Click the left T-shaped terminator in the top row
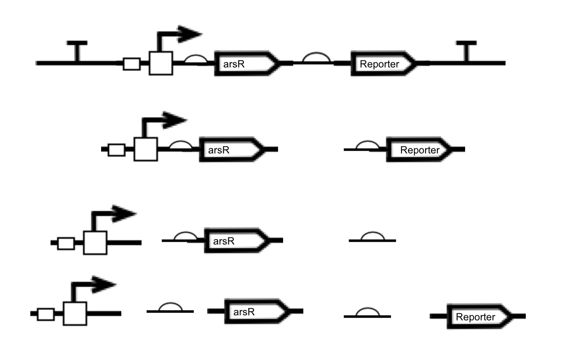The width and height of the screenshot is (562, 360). pyautogui.click(x=77, y=51)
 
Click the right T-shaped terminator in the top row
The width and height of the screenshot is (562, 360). pyautogui.click(x=466, y=51)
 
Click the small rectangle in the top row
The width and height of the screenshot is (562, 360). pyautogui.click(x=131, y=64)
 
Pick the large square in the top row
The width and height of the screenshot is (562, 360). pyautogui.click(x=161, y=63)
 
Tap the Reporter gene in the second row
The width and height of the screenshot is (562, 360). pyautogui.click(x=419, y=150)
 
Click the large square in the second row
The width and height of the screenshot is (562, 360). pyautogui.click(x=145, y=149)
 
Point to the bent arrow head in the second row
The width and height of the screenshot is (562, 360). pyautogui.click(x=174, y=121)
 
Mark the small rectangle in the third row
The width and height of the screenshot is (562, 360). pyautogui.click(x=66, y=243)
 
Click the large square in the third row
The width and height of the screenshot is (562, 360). pyautogui.click(x=95, y=242)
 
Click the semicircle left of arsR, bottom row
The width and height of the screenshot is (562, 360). pyautogui.click(x=170, y=307)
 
